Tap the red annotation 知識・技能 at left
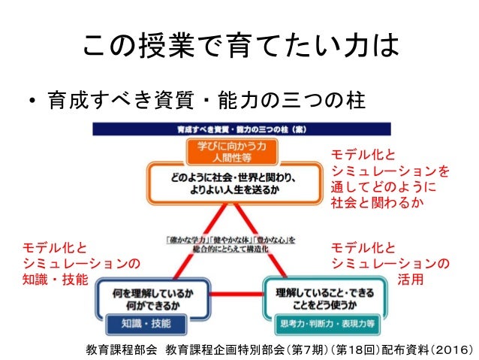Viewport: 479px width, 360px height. [x=56, y=279]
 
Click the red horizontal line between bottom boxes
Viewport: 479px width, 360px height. [x=230, y=295]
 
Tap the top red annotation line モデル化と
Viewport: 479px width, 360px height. [x=362, y=156]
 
